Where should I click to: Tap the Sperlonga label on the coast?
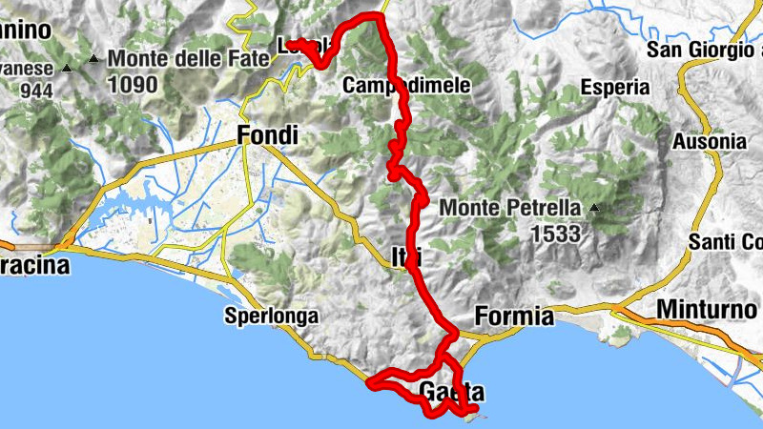271,316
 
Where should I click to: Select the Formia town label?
513,316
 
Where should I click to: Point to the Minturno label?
700,310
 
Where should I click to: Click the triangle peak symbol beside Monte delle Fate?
93,60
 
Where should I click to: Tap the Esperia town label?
613,88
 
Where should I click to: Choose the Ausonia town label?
710,141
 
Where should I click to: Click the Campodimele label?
406,86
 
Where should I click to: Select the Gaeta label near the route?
451,392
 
